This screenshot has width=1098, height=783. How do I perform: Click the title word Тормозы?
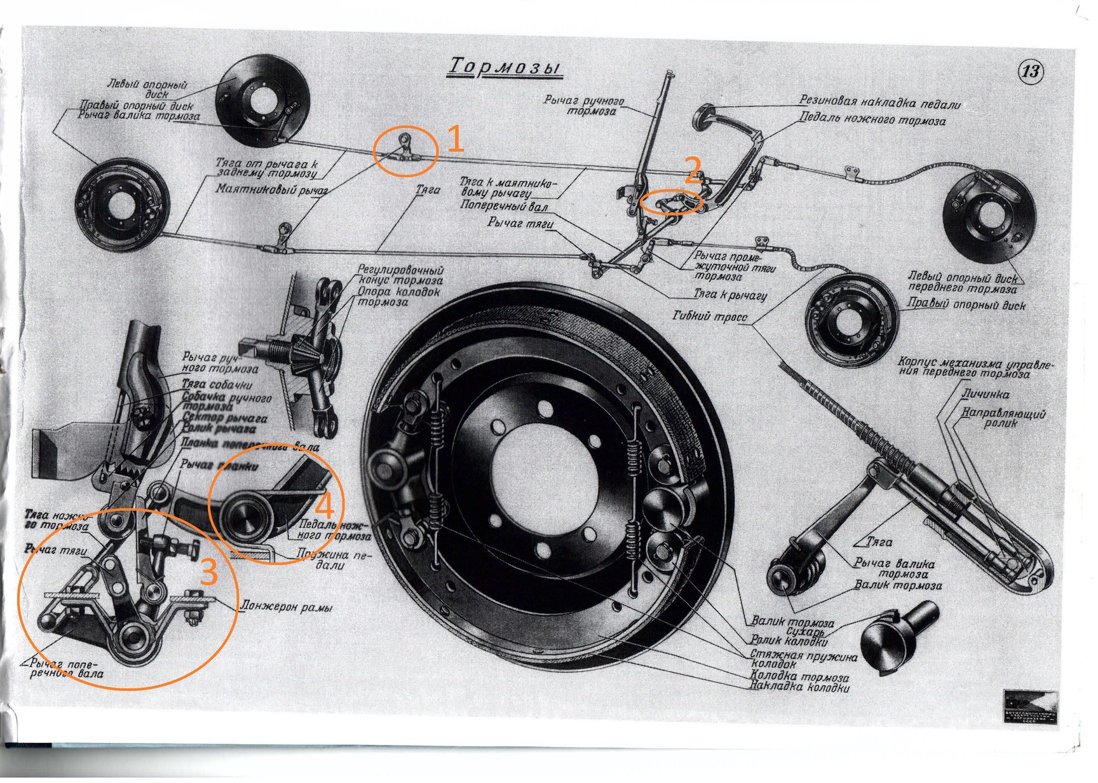506,67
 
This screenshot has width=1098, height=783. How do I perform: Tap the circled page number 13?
1030,71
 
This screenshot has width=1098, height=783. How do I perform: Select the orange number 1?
456,139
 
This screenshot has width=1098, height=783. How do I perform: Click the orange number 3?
209,571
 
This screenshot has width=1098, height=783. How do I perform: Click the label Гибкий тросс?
710,316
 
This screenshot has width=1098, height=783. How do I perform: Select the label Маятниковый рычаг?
271,189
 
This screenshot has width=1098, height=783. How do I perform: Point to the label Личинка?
985,394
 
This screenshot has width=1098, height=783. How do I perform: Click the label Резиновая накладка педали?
880,102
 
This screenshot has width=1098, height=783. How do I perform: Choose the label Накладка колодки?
800,687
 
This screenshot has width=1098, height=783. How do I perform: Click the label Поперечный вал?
504,207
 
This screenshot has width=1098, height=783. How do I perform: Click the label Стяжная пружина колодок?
803,659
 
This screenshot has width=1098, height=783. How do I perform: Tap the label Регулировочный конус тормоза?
400,275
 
